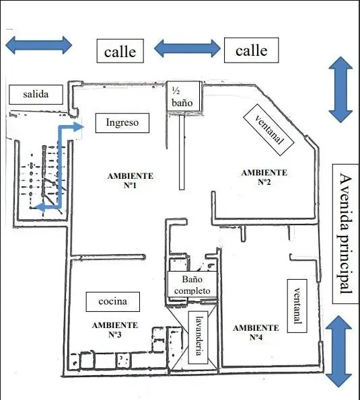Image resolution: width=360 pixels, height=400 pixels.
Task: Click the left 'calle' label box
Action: (120, 51)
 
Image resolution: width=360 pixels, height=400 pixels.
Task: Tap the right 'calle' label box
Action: (251, 50)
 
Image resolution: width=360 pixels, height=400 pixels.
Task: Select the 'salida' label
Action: (36, 95)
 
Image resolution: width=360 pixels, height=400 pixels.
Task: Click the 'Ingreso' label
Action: (122, 123)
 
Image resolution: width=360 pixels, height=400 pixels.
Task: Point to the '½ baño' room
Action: (183, 96)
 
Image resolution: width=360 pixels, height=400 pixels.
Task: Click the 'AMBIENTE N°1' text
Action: (131, 181)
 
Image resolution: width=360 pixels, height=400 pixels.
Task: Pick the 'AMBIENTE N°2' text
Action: (264, 177)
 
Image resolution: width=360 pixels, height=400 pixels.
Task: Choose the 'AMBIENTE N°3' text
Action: (115, 330)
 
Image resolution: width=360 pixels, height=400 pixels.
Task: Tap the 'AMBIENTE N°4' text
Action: (256, 332)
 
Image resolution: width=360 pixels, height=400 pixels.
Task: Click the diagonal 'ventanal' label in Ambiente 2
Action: (268, 130)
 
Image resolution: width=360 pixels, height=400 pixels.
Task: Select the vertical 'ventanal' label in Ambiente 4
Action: (297, 306)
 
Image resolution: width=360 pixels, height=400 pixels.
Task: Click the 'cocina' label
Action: (112, 302)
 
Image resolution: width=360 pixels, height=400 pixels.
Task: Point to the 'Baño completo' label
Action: (192, 285)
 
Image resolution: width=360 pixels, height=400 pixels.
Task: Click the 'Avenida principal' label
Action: (346, 234)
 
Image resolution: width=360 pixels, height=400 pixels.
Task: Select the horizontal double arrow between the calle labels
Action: (187, 48)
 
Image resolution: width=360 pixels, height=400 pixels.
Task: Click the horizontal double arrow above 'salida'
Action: (38, 45)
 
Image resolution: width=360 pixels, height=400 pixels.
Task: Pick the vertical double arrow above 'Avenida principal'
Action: (340, 89)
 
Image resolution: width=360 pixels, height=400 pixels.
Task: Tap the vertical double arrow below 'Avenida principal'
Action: (338, 352)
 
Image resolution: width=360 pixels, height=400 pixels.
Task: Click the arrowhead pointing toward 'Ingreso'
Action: (79, 127)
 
